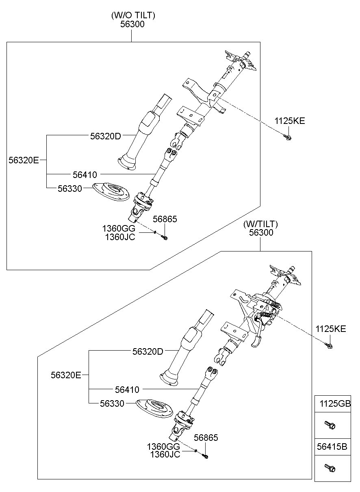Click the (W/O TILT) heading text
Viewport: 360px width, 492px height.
pyautogui.click(x=133, y=15)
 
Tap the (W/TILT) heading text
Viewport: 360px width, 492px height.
pyautogui.click(x=260, y=224)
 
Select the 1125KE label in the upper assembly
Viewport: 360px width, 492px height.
pyautogui.click(x=289, y=121)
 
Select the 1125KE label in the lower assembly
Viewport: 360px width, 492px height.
pyautogui.click(x=331, y=329)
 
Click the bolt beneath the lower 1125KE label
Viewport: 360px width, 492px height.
pyautogui.click(x=329, y=346)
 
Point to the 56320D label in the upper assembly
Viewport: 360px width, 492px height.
pyautogui.click(x=106, y=137)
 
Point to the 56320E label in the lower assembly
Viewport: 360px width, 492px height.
pyautogui.click(x=66, y=375)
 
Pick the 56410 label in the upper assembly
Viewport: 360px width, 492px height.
pyautogui.click(x=85, y=175)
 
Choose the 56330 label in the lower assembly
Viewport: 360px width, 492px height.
pyautogui.click(x=113, y=403)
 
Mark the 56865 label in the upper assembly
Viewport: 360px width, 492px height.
pyautogui.click(x=165, y=219)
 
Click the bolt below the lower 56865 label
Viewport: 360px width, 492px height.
pyautogui.click(x=205, y=456)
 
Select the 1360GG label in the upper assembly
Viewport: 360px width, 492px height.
pyautogui.click(x=119, y=229)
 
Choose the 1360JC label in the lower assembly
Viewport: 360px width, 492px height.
pyautogui.click(x=165, y=454)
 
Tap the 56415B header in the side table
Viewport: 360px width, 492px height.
pyautogui.click(x=332, y=447)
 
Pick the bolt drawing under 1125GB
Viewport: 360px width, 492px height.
pyautogui.click(x=330, y=425)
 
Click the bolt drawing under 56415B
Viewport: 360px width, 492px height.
pyautogui.click(x=330, y=468)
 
